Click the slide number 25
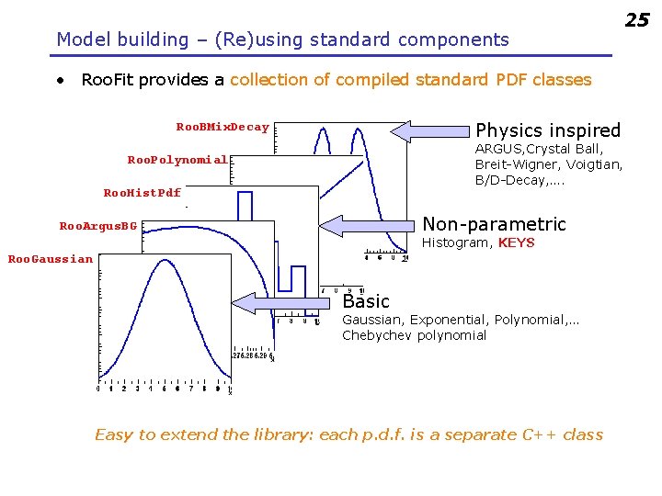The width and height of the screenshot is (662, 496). (x=637, y=19)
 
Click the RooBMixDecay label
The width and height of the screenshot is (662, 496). (x=223, y=127)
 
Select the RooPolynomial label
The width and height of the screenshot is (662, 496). (x=177, y=160)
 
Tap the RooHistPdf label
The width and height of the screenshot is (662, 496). (x=143, y=193)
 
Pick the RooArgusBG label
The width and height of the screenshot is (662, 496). (x=98, y=226)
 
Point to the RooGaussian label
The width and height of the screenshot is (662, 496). (x=51, y=259)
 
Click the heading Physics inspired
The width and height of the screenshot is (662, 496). (x=548, y=130)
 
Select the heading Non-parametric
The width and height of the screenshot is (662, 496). (x=494, y=224)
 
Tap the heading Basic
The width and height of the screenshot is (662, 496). (x=366, y=301)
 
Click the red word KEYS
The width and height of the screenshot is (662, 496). (x=516, y=243)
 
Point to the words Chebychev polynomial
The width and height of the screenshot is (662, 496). (x=415, y=335)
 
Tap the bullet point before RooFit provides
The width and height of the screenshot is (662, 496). (x=60, y=80)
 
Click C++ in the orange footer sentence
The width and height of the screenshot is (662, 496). (x=537, y=434)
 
